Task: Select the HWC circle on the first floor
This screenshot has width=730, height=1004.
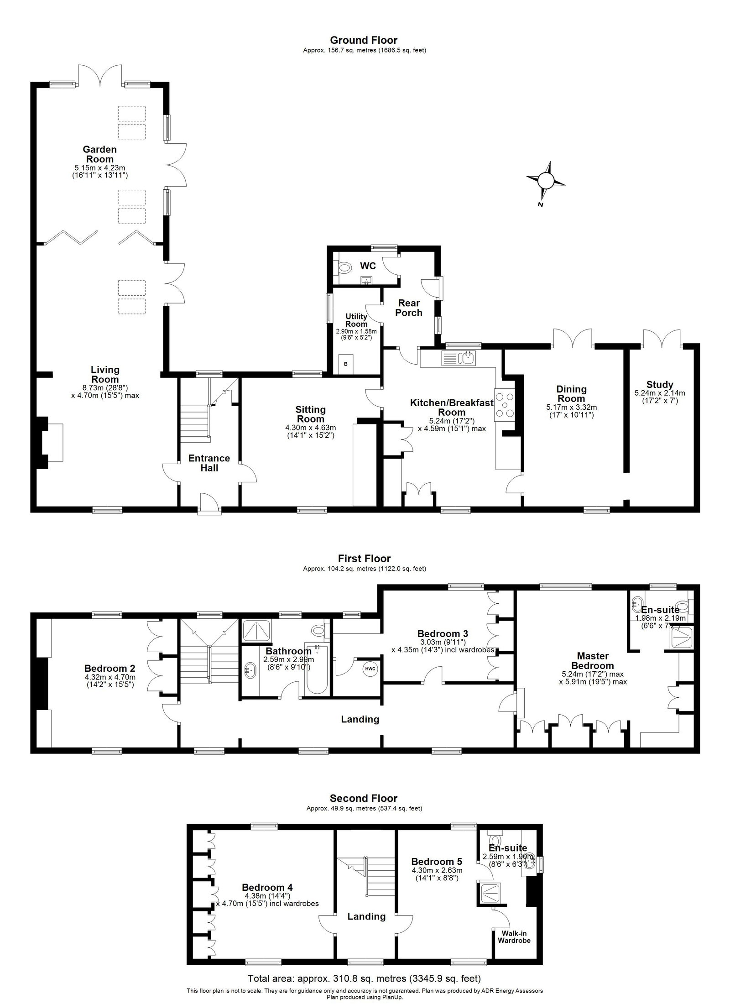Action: [370, 669]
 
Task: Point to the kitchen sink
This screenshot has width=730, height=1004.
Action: [459, 357]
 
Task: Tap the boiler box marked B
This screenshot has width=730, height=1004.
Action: [346, 364]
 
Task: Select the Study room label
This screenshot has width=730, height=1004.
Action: [659, 385]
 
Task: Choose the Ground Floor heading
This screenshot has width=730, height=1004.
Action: [364, 41]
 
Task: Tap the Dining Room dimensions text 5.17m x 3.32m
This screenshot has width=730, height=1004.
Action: [571, 407]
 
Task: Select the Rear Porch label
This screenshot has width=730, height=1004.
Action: [408, 308]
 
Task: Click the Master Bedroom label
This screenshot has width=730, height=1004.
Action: [593, 661]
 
